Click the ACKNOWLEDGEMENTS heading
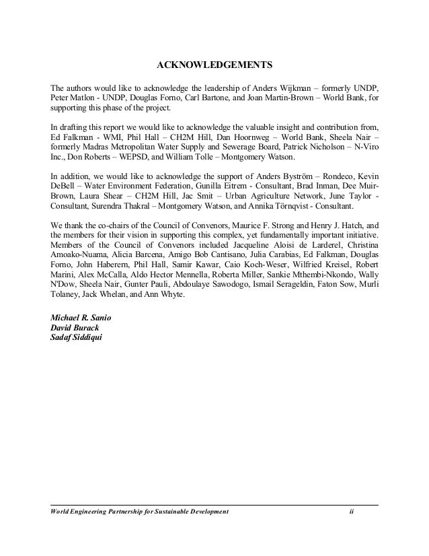pos(214,66)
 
